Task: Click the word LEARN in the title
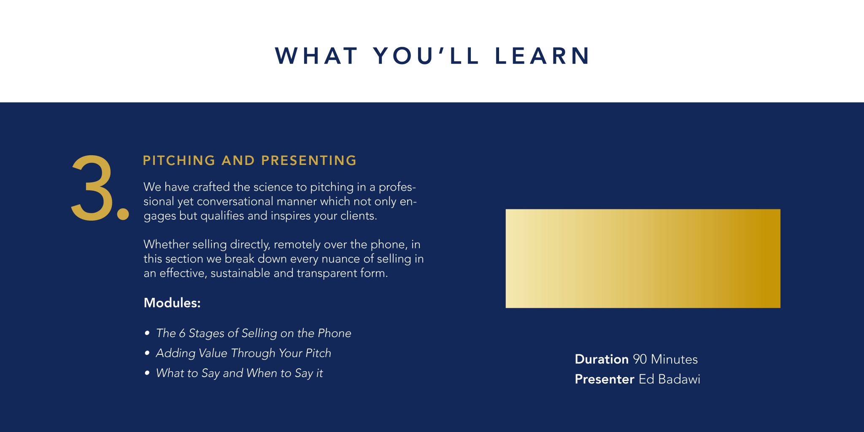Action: coord(543,56)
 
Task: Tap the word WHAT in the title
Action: coord(316,56)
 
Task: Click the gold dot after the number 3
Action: coord(123,213)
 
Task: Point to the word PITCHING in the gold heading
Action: coord(179,161)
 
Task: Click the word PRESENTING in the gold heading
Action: coord(309,161)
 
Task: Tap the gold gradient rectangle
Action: coord(643,258)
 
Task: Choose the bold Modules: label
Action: coord(172,303)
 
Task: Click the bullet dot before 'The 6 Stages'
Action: coord(147,333)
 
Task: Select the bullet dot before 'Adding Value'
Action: coord(147,353)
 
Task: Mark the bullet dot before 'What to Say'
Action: coord(147,373)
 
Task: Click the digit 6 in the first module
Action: coord(182,333)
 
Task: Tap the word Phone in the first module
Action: coord(335,333)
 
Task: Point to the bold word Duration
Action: coord(602,359)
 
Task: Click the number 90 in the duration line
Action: coord(640,359)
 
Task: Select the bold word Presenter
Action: coord(605,379)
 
